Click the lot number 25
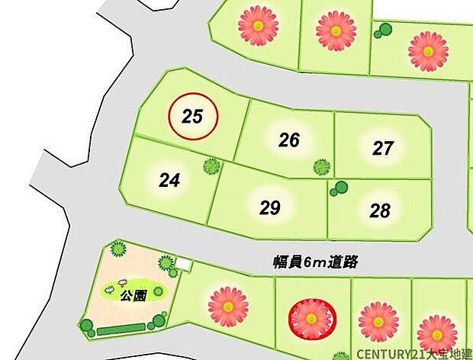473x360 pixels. [193, 117]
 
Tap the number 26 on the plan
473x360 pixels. [288, 140]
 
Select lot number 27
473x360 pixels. [383, 148]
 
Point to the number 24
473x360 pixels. [169, 181]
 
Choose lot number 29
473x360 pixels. [270, 207]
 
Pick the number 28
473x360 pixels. [379, 211]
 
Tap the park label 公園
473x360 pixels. [130, 296]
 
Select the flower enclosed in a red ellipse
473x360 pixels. [311, 319]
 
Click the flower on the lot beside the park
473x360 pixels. [228, 305]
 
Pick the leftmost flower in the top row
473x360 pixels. [258, 25]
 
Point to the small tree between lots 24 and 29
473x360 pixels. [211, 166]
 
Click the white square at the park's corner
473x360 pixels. [183, 265]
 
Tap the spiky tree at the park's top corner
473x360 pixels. [117, 248]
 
